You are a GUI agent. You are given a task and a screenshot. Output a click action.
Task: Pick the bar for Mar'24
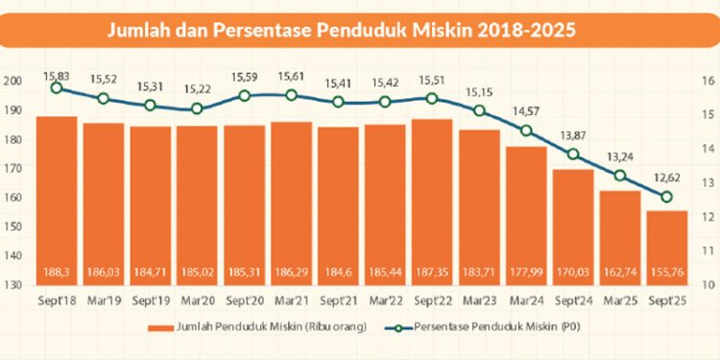click(x=526, y=215)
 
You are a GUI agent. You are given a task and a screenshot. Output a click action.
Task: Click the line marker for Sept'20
click(x=245, y=96)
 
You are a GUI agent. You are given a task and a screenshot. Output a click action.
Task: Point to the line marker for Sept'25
click(x=667, y=197)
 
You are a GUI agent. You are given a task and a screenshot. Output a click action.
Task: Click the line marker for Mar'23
click(x=479, y=110)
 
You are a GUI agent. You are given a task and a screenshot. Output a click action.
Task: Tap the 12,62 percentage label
click(x=667, y=178)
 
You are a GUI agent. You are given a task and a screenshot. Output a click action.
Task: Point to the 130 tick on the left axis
click(x=12, y=285)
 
